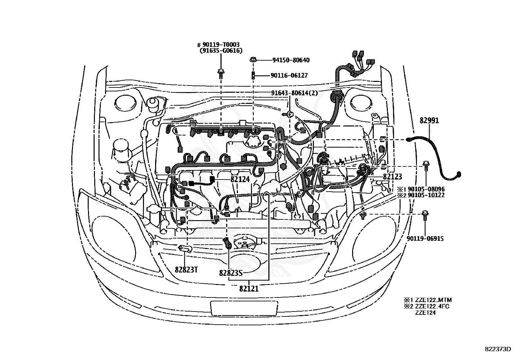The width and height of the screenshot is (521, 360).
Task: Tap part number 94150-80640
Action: pos(291,60)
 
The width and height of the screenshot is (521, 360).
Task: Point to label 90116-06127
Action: pos(289,75)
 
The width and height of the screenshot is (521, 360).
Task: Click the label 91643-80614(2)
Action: pos(294,93)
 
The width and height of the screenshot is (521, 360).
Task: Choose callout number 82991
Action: pos(429,121)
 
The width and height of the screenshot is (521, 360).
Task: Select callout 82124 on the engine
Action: pos(240,179)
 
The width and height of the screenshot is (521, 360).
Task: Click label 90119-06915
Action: pos(425,239)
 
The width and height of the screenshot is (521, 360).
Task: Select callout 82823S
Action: pos(231,273)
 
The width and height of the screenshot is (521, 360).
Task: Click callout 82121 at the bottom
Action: pos(249,289)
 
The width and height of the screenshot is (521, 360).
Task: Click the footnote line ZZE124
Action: pos(425,313)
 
